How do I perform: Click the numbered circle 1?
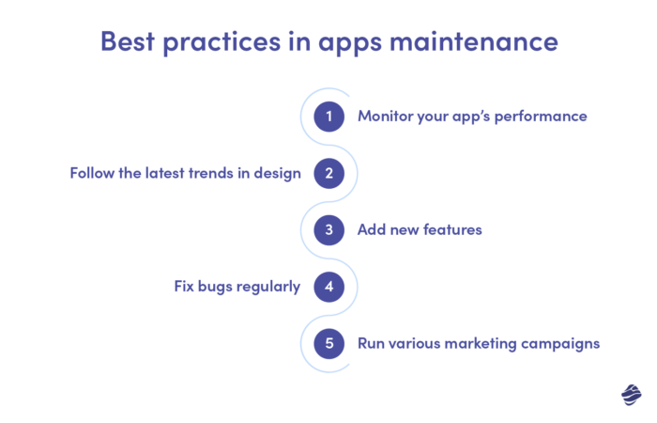pyautogui.click(x=328, y=117)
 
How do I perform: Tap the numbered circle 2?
pyautogui.click(x=328, y=173)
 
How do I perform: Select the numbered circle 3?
pyautogui.click(x=328, y=229)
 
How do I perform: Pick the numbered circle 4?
pyautogui.click(x=328, y=287)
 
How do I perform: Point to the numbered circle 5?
pyautogui.click(x=328, y=343)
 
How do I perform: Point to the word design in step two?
pyautogui.click(x=279, y=174)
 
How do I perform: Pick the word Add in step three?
pyautogui.click(x=373, y=229)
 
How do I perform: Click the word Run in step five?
pyautogui.click(x=373, y=343)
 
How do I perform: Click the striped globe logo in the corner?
pyautogui.click(x=631, y=395)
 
